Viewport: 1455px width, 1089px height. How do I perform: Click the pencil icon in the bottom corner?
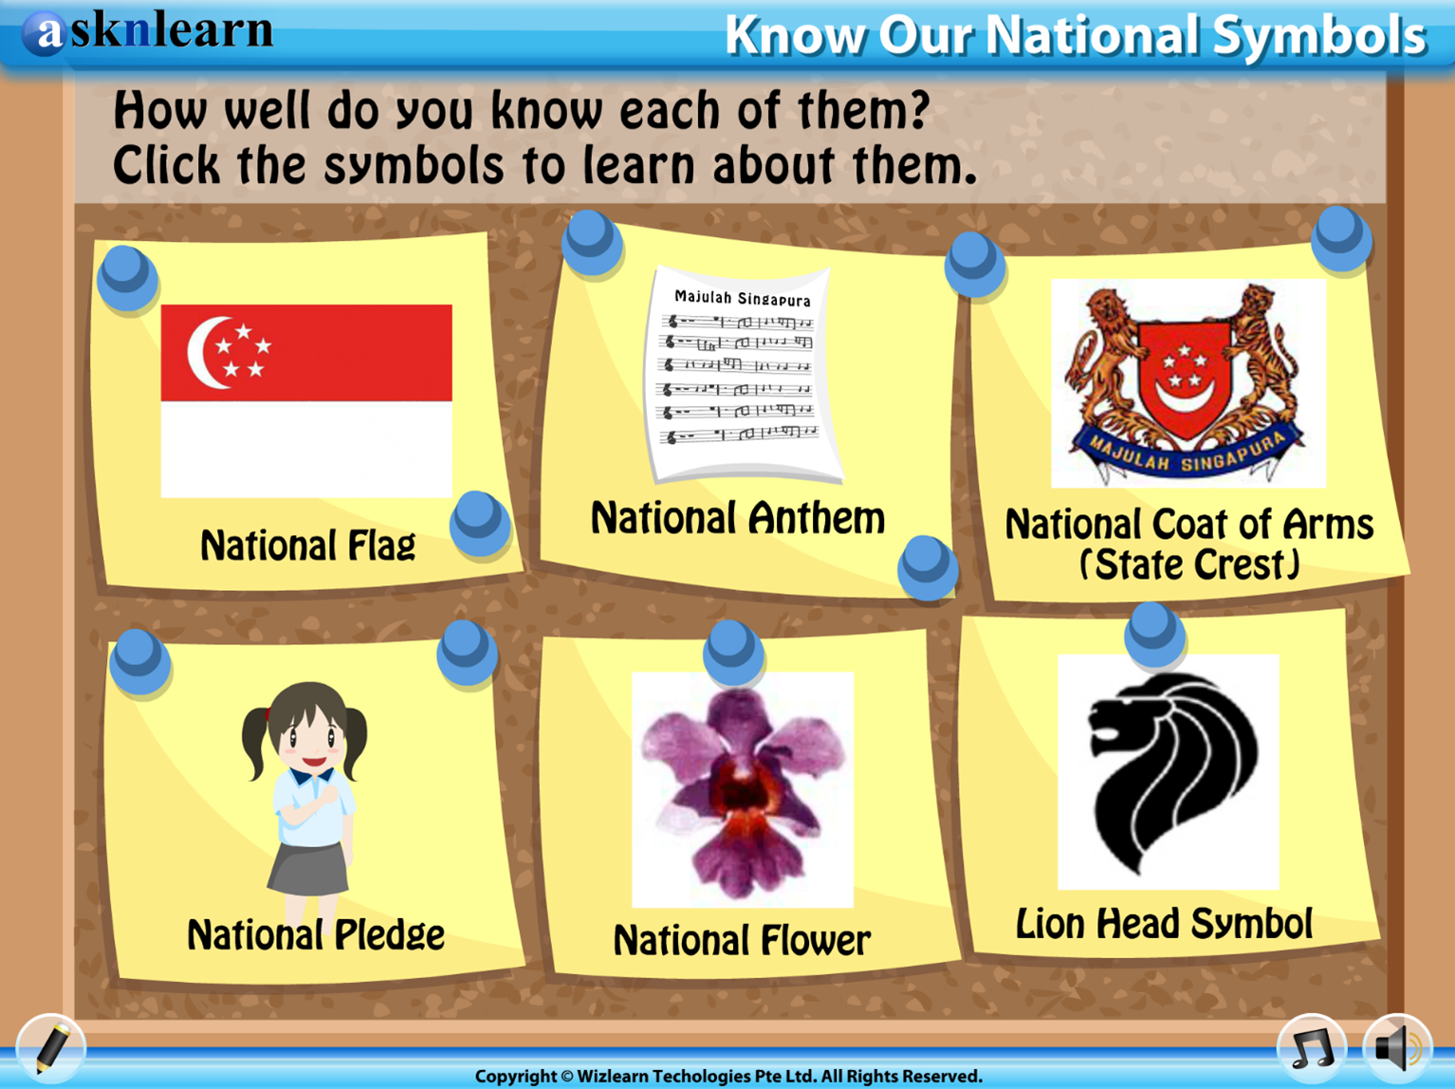52,1048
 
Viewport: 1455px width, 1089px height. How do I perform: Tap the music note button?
1312,1048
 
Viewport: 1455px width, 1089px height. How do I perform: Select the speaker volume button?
1397,1048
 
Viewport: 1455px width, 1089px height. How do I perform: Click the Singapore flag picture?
306,401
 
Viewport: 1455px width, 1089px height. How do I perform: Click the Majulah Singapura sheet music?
743,373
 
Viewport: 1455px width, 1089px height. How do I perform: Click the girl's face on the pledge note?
309,736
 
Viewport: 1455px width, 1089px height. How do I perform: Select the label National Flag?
307,545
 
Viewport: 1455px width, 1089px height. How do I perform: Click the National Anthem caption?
738,518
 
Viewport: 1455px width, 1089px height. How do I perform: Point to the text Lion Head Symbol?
1164,923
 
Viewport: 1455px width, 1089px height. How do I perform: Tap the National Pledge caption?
316,934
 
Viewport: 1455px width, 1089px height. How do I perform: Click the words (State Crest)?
1189,564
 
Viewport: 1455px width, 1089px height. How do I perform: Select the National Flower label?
742,940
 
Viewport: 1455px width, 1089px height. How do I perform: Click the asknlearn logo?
148,31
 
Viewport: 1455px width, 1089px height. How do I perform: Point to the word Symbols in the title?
1319,36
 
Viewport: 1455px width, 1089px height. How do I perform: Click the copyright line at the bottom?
728,1076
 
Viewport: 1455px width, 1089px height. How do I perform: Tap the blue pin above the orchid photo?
732,652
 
